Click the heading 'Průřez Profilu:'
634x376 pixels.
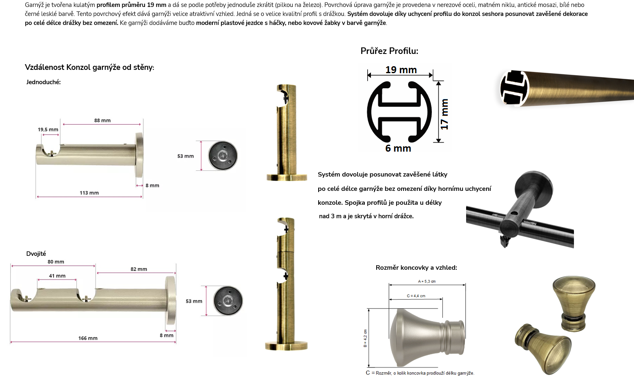tap(389, 51)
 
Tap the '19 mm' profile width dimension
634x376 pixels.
tap(401, 69)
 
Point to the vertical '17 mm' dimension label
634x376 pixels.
tap(444, 114)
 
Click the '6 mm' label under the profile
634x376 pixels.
tap(398, 148)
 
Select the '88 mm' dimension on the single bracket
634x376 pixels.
tap(102, 120)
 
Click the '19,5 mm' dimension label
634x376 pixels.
tap(48, 130)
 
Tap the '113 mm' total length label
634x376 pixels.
tap(89, 193)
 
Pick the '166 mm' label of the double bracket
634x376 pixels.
tap(88, 338)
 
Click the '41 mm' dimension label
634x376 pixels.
tap(57, 276)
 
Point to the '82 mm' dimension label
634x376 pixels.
tap(139, 269)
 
